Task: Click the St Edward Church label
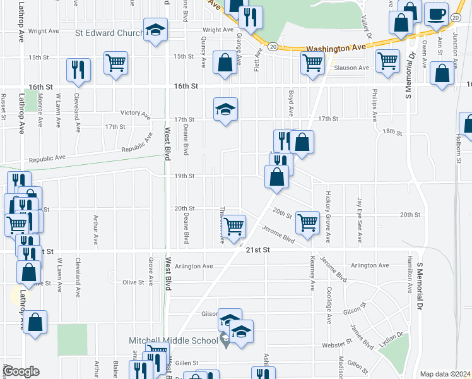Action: [x=109, y=32]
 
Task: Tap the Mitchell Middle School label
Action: [x=173, y=340]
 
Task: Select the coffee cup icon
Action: [x=437, y=14]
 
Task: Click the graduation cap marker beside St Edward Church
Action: [x=155, y=30]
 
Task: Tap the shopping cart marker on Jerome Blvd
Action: [x=307, y=222]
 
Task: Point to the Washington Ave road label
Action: [x=336, y=47]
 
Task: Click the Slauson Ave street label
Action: [x=351, y=68]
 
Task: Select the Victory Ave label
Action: [x=135, y=113]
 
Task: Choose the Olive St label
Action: [x=133, y=282]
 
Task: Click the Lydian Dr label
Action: [x=391, y=339]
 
